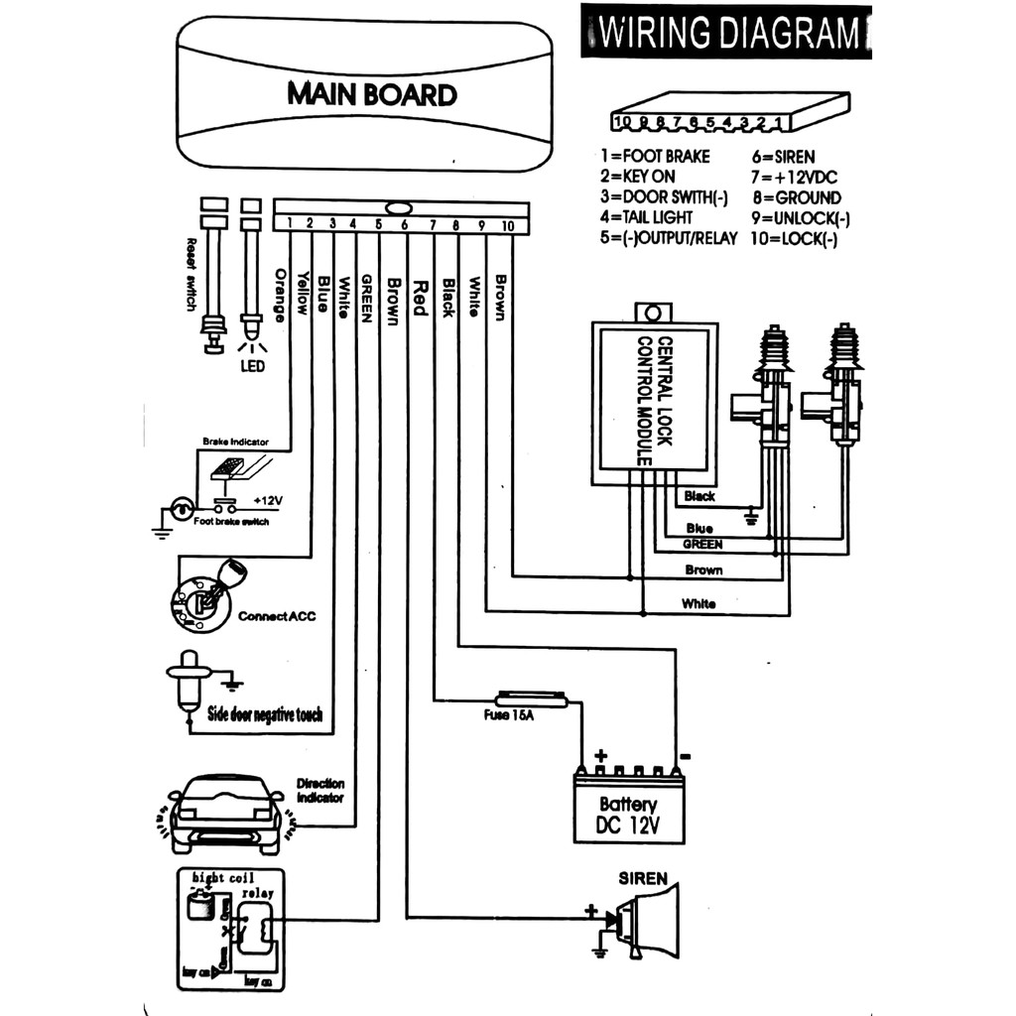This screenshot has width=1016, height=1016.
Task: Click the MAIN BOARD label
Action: point(372,94)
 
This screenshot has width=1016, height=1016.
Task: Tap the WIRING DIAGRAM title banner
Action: point(728,34)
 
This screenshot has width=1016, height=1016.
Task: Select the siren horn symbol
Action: point(646,921)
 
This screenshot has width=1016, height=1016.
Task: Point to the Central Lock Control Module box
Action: point(652,402)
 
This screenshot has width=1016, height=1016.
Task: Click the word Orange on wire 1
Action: point(280,292)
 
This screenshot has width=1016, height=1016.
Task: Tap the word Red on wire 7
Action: point(419,296)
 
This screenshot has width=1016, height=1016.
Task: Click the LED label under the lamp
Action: point(252,366)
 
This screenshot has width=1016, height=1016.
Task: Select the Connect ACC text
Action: point(277,616)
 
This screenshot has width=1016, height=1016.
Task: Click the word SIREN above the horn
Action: point(643,879)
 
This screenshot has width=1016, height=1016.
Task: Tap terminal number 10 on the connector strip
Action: point(506,225)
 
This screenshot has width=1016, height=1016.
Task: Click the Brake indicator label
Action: point(235,442)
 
